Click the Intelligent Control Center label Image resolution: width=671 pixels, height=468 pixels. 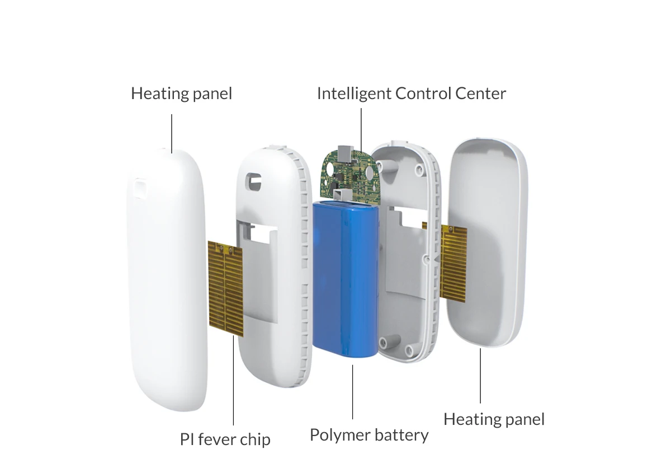[x=411, y=93]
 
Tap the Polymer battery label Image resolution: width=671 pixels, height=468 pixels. [x=369, y=435]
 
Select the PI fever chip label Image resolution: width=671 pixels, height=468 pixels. [x=225, y=439]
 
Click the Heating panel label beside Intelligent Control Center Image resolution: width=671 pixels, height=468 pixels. [x=181, y=93]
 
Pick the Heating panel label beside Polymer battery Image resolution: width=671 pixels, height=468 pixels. [x=494, y=419]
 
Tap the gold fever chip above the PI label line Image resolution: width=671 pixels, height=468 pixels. [x=226, y=288]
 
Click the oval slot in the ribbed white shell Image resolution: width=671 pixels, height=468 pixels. [x=255, y=180]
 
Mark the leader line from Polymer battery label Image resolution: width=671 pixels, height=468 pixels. [x=353, y=392]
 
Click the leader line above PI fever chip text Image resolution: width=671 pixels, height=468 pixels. [x=233, y=386]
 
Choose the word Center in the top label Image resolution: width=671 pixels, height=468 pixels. [x=480, y=93]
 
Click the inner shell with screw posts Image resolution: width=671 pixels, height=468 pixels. [x=403, y=252]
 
